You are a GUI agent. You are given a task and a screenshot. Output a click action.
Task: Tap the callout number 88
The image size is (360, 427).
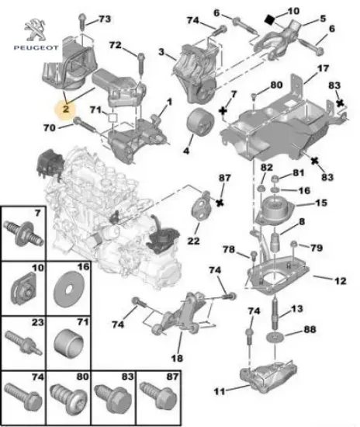tap(311, 331)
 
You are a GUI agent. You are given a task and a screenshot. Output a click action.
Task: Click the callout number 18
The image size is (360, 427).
tap(176, 359)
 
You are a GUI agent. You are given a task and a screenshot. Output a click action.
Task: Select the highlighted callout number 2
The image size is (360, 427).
tap(67, 110)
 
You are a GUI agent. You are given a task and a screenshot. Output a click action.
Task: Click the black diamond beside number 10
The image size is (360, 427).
tap(270, 15)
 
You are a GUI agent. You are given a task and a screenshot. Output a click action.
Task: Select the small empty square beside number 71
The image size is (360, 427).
tap(112, 119)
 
